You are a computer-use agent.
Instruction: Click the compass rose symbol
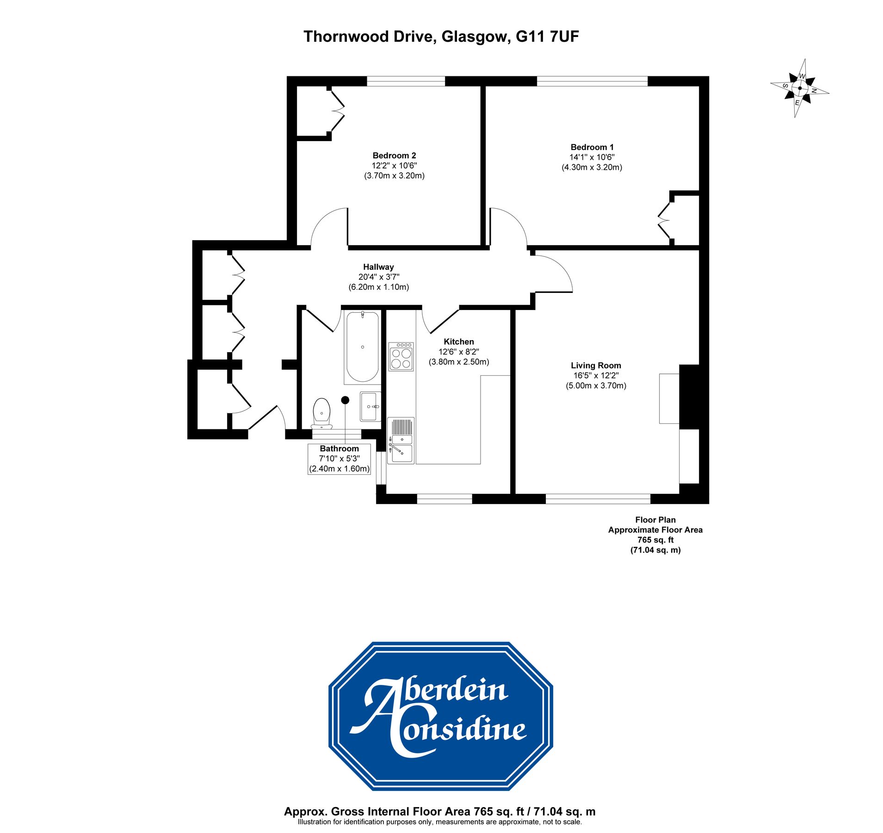799,87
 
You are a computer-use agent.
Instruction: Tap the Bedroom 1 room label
592,147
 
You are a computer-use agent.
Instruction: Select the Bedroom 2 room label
394,155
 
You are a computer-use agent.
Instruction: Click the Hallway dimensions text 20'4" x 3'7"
378,277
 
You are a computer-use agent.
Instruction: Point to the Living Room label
595,365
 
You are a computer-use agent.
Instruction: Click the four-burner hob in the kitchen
401,357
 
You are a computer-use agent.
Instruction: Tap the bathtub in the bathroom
362,347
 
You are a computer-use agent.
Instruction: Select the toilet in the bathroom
321,413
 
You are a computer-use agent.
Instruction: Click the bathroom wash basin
370,406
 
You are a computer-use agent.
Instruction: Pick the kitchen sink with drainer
401,440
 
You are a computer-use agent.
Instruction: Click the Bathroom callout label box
339,459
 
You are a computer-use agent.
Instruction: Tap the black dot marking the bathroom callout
345,400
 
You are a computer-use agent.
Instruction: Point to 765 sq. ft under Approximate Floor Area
655,540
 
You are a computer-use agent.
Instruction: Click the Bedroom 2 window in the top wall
406,81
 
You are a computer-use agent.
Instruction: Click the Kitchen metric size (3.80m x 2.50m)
458,362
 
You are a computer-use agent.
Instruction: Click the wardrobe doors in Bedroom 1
664,220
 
